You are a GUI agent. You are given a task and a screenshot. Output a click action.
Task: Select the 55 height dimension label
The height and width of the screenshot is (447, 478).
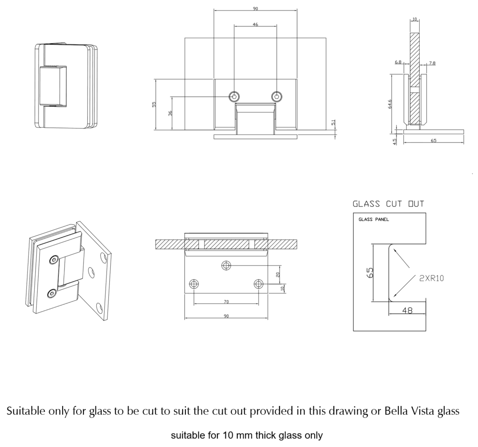point(155,105)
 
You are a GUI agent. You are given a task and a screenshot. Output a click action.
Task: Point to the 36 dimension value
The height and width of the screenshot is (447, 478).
point(170,113)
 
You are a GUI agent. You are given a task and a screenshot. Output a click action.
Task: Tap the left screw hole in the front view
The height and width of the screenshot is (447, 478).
point(234,96)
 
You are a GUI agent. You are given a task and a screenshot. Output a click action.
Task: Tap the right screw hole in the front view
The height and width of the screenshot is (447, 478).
point(277,96)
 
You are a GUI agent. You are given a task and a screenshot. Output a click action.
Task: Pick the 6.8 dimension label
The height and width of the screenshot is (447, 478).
point(398,62)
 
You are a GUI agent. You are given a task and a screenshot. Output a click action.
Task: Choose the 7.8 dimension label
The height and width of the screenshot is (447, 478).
point(432,63)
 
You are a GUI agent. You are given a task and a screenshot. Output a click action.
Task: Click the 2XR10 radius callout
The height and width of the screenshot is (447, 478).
point(431,278)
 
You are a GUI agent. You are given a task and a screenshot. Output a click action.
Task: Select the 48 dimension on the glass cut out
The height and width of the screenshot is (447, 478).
point(407,310)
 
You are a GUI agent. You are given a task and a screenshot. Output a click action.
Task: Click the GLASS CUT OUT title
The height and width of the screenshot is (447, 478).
point(388,204)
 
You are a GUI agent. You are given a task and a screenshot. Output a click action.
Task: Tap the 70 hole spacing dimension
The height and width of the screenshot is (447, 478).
point(226,302)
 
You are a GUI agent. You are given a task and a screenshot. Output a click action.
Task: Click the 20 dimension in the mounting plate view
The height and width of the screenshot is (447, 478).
point(278,275)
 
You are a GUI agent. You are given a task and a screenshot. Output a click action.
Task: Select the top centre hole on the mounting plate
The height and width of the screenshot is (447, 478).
point(226,266)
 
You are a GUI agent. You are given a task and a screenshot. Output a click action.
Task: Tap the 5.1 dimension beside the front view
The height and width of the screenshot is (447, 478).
point(333,122)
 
